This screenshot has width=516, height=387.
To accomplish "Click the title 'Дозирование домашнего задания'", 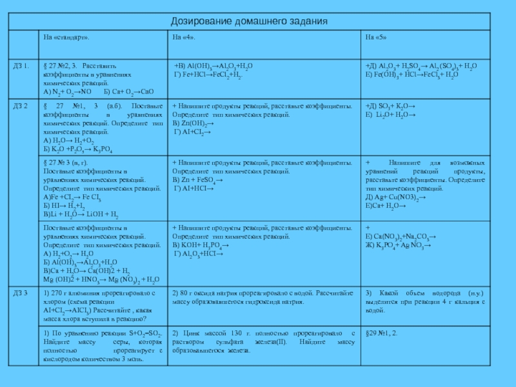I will click(258, 21).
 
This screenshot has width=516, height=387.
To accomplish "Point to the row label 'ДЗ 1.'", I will click(22, 66).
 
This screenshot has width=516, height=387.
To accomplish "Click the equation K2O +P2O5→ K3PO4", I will click(78, 148).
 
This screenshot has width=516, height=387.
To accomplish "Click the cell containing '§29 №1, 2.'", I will click(382, 333).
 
